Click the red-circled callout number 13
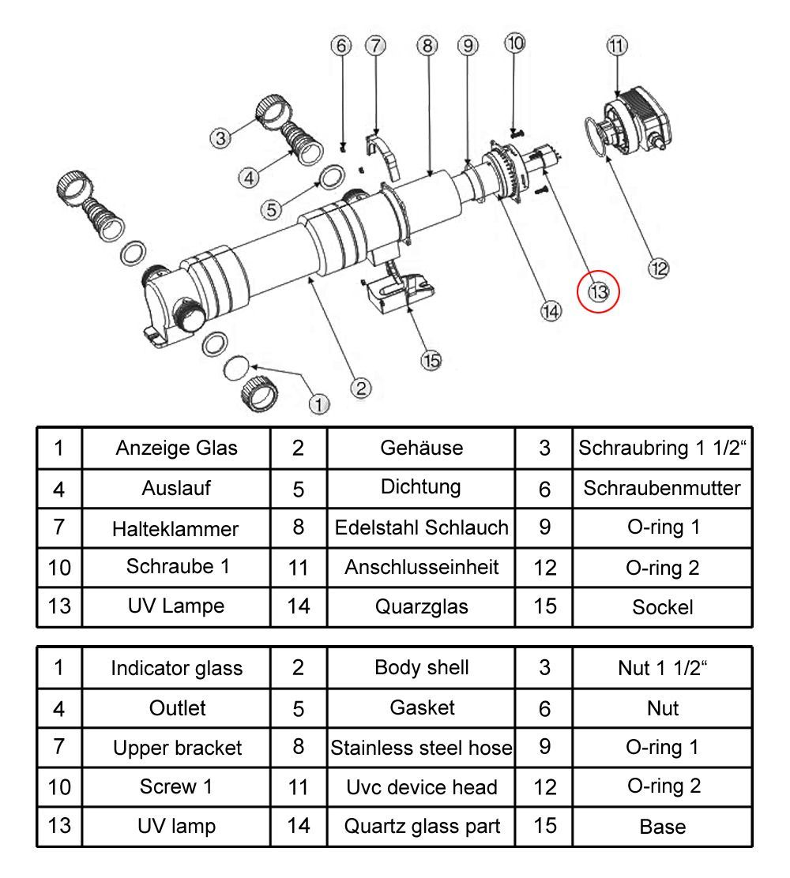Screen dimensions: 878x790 599,291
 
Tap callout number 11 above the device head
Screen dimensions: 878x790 617,46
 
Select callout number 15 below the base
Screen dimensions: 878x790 431,361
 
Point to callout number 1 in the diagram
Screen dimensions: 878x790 319,404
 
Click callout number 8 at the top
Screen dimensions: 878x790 427,46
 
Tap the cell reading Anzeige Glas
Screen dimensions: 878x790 176,448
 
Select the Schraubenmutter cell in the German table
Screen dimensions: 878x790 662,488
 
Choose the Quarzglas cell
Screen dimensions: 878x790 421,606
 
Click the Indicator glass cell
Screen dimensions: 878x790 176,668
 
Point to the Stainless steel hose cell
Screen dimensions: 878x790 421,747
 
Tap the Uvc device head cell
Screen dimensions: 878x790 421,786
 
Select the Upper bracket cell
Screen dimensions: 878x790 176,747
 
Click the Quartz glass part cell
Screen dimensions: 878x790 421,826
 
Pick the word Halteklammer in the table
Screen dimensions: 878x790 176,528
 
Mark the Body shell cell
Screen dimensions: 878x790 421,667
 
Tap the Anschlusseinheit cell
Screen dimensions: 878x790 421,567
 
